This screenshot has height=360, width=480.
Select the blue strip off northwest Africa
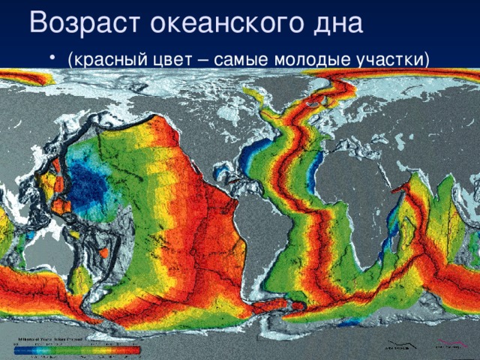pyautogui.click(x=314, y=164)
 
